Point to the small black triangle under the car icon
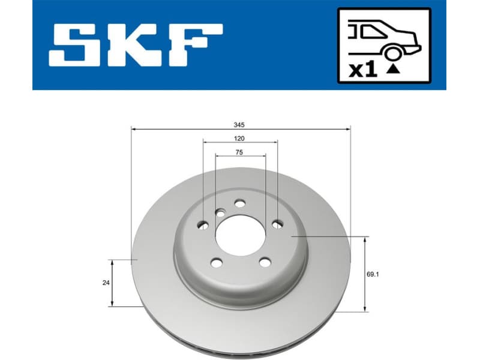point(392,69)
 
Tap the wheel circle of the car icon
point(392,55)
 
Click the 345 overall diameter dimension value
point(240,125)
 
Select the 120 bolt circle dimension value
point(240,139)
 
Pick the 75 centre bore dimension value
point(240,152)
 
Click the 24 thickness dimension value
point(106,283)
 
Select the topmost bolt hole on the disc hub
point(240,203)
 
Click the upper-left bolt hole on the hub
point(203,225)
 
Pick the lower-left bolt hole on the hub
point(217,262)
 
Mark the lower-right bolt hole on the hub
point(264,262)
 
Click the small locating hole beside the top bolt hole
point(221,212)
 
